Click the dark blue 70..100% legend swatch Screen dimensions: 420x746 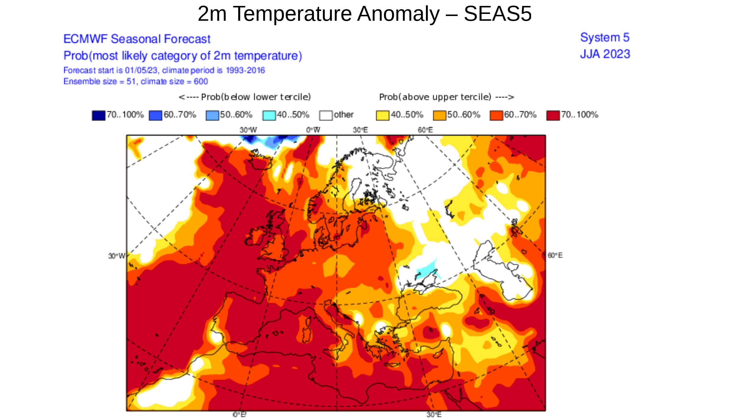98,116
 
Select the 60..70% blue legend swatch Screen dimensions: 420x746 155,116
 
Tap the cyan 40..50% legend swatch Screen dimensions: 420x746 269,116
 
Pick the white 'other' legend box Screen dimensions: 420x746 326,116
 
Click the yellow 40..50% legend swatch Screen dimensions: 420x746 382,116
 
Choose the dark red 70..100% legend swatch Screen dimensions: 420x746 553,116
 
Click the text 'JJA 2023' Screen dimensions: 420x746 605,54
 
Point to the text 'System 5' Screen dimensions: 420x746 604,38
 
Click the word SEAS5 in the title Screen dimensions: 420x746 498,14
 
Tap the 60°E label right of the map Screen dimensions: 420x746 555,255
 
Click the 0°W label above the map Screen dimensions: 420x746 313,130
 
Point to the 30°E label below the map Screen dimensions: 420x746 434,415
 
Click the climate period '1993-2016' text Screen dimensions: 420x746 245,71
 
